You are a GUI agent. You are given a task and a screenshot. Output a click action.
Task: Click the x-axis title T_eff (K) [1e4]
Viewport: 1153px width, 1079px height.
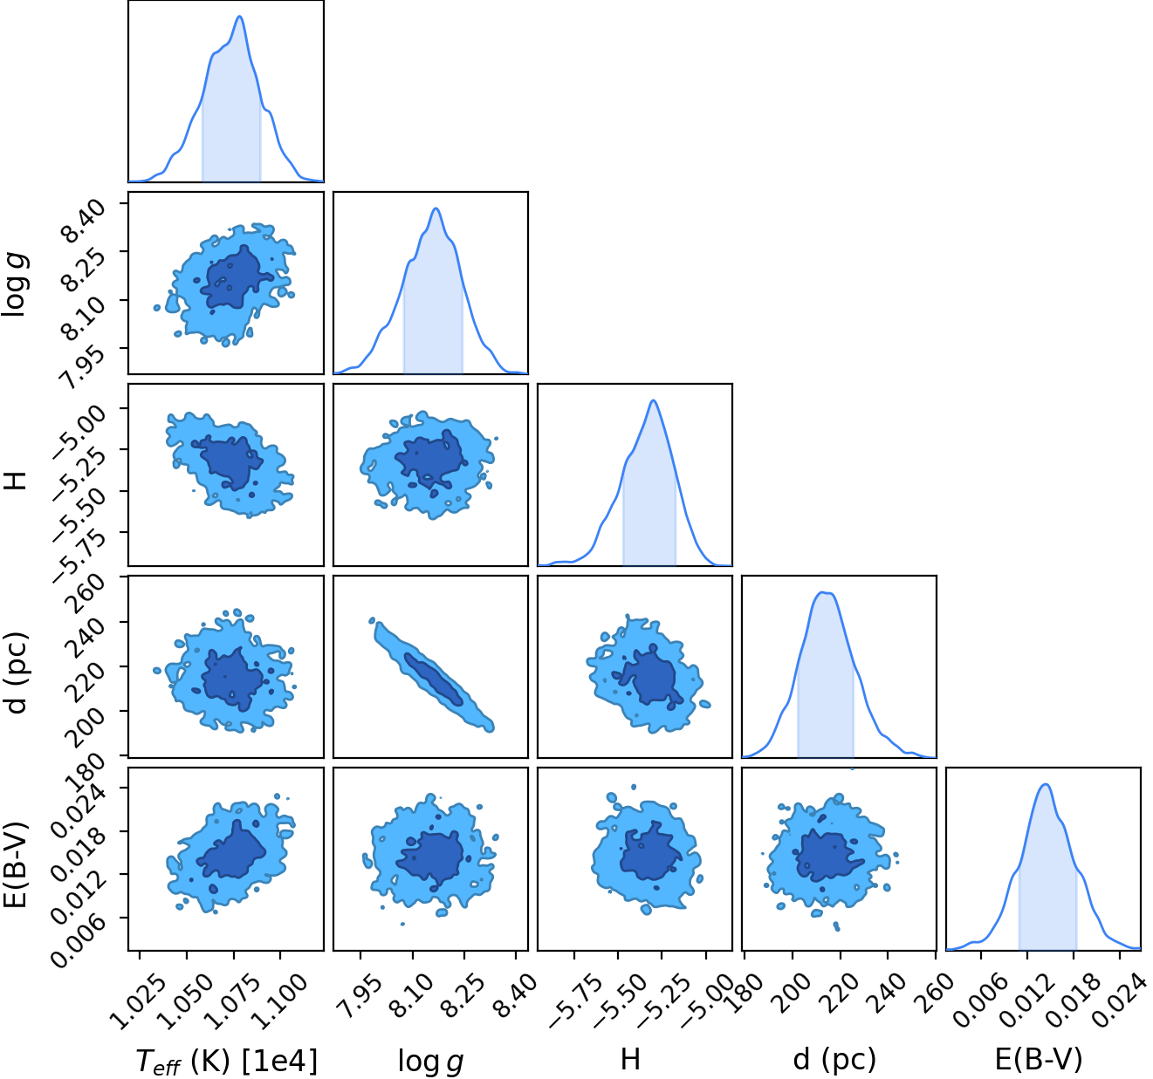(x=227, y=1061)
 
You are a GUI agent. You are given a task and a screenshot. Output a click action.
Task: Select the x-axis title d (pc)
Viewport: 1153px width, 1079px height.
(x=834, y=1060)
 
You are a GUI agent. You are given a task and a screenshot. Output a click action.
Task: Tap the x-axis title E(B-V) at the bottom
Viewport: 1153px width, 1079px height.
(x=1040, y=1060)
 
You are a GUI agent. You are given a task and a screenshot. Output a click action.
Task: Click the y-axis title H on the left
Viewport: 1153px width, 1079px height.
(x=16, y=481)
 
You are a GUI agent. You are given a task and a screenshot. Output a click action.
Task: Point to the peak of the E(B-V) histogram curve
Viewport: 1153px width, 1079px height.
(x=1046, y=785)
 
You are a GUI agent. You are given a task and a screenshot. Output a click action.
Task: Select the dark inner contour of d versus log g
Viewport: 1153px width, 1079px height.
(x=433, y=679)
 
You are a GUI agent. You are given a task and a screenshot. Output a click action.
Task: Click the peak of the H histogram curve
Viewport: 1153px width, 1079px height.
(x=654, y=400)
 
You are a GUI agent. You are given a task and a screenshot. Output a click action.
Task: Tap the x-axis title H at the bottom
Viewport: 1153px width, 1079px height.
(x=630, y=1060)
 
